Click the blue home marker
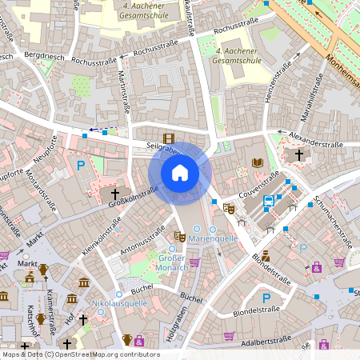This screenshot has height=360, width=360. coord(180,172)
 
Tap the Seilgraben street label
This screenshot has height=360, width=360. coord(160,149)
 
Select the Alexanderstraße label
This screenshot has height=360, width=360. coord(316,145)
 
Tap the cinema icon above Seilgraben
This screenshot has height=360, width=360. coord(168,138)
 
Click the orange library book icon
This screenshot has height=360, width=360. coord(257,162)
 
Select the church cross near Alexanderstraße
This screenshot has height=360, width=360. coord(299,154)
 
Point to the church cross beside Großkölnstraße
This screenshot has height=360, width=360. coord(114,194)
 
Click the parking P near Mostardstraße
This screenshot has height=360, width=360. coord(81,166)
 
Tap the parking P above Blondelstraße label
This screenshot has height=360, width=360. coord(267,298)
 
